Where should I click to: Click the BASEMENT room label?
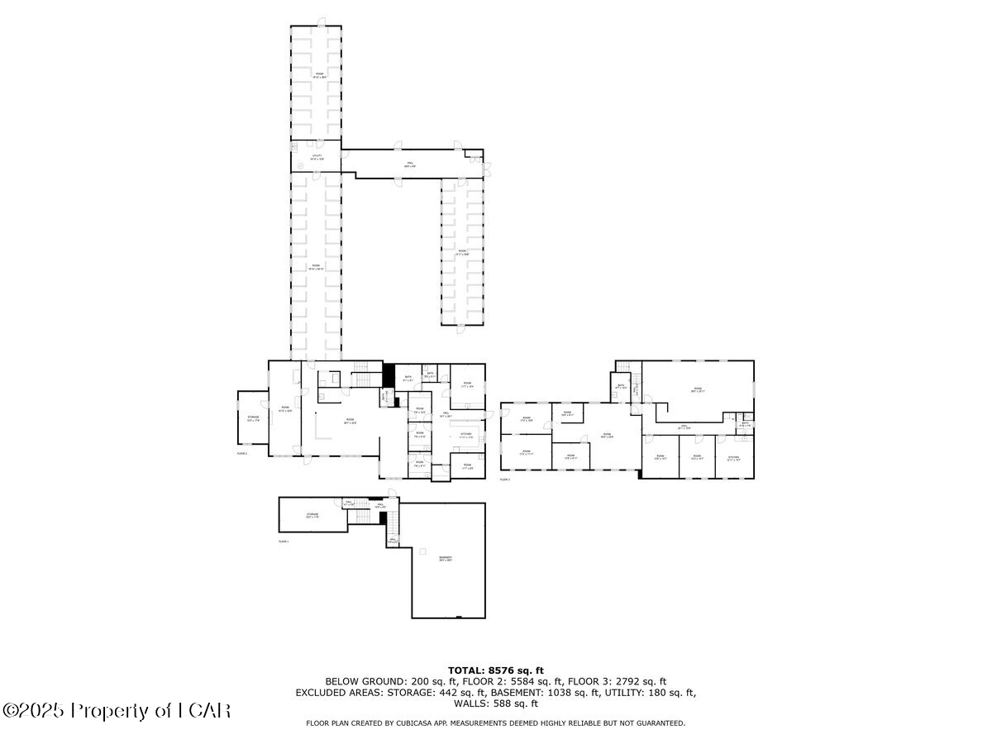(x=446, y=559)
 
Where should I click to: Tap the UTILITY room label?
(x=317, y=156)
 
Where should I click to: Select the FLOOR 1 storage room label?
(x=312, y=515)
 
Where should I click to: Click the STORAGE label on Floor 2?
(x=253, y=417)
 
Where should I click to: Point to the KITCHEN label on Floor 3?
(x=733, y=457)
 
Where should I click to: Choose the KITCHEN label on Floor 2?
(x=465, y=434)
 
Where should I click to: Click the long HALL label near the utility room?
(x=408, y=165)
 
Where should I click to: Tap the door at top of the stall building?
(x=322, y=23)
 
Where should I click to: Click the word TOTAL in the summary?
(x=467, y=670)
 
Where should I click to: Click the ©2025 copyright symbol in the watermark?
(x=12, y=710)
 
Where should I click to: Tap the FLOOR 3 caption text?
(x=504, y=479)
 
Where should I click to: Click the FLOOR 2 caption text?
(x=242, y=454)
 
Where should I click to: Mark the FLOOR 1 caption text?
(x=284, y=541)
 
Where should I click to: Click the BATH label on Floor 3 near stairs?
(x=621, y=386)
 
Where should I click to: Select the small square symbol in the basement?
(x=422, y=551)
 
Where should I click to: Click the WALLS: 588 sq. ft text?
(x=496, y=704)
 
